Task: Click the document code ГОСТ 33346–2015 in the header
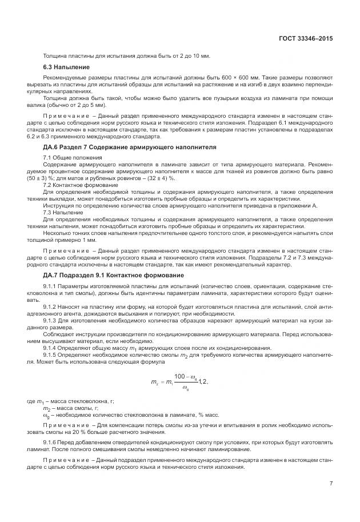pos(305,39)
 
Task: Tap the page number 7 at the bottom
pos(331,483)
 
